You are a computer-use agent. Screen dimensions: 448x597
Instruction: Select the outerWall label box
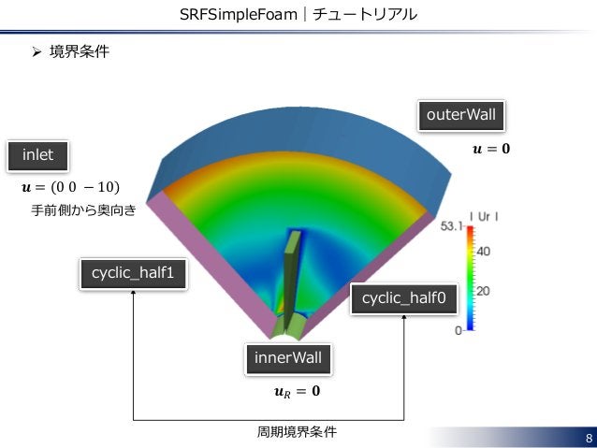point(460,116)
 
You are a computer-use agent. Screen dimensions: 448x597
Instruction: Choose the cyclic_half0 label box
point(403,299)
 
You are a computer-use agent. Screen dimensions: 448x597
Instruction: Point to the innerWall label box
point(288,358)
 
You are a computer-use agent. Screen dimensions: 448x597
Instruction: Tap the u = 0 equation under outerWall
point(492,149)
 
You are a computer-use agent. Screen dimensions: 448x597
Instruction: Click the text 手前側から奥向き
point(83,211)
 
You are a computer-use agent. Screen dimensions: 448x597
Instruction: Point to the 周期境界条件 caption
point(297,432)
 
